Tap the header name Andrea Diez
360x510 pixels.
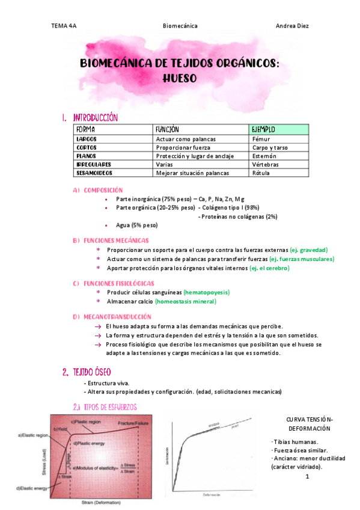(291, 26)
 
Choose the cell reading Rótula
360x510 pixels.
(260, 173)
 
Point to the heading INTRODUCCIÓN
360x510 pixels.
(95, 118)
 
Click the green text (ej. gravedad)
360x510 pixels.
(308, 250)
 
